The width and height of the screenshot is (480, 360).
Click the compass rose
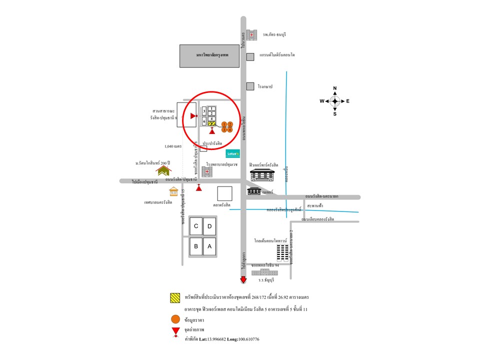coord(334,101)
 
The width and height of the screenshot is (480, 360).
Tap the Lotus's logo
coord(233,153)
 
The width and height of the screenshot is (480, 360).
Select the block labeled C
coord(196,227)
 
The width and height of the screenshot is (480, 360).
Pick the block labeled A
coord(210,246)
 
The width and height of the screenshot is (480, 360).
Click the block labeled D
coord(210,227)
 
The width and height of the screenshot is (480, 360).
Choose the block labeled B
coord(196,246)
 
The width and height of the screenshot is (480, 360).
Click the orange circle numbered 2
coord(230,124)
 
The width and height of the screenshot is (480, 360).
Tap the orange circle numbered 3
coord(224,129)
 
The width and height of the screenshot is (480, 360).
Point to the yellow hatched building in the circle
coord(212,123)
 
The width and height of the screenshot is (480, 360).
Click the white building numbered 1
coord(212,108)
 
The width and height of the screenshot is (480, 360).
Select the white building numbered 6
coord(204,120)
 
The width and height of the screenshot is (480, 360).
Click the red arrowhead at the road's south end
coord(243,280)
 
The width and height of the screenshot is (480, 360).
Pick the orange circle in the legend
coord(175,318)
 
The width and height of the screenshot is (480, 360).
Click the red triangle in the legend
coord(175,330)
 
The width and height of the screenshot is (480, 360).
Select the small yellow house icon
coord(173,191)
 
